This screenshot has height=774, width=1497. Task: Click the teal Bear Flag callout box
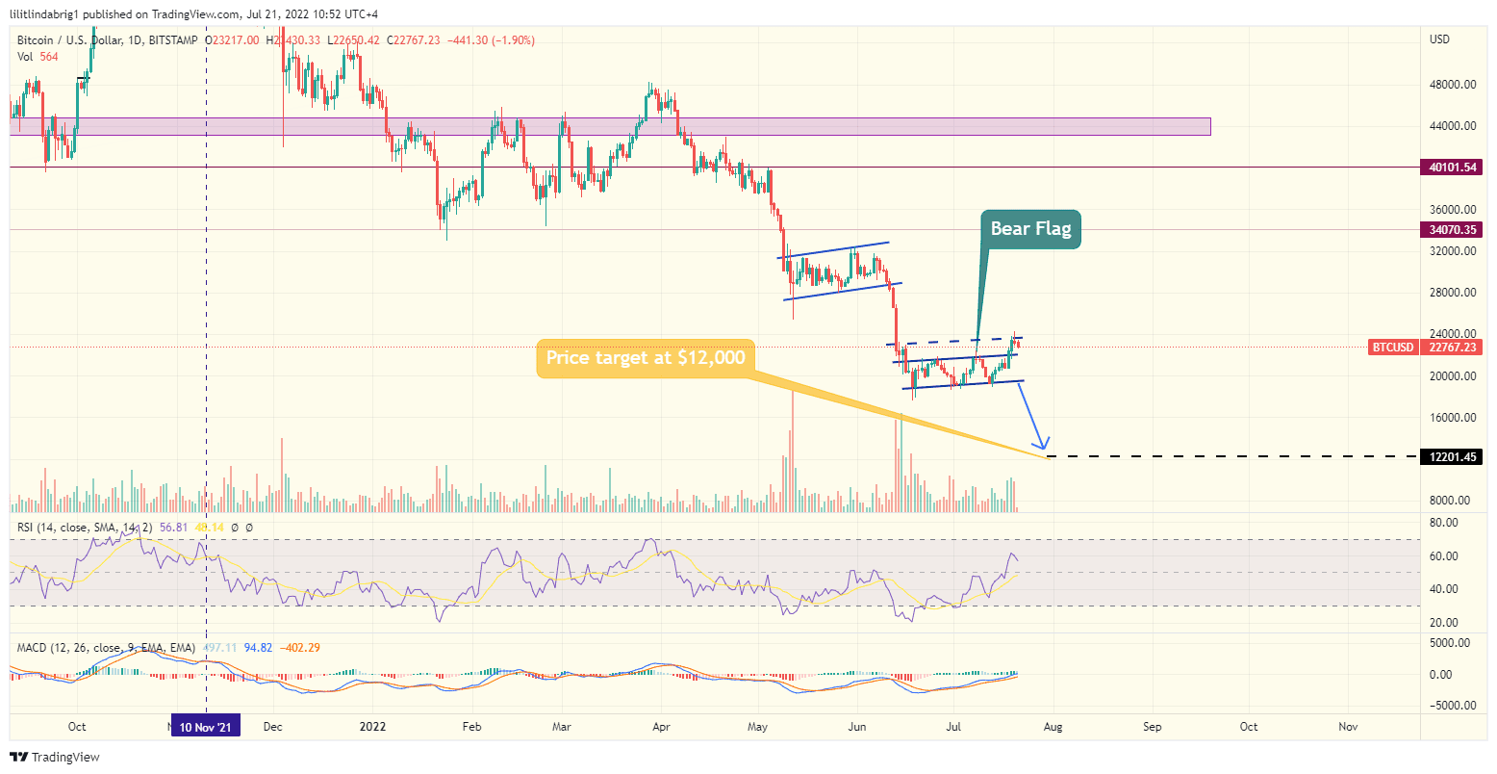click(1030, 229)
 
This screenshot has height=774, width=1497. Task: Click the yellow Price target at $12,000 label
click(645, 357)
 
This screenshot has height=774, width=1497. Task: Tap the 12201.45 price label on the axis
click(1453, 456)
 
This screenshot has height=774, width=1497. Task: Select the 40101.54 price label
click(1453, 168)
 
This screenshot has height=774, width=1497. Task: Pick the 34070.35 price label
click(1453, 230)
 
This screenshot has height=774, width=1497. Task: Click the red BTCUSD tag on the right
click(1392, 347)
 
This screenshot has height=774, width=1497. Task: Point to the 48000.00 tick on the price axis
click(1453, 85)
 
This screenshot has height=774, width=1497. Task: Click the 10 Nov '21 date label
click(205, 727)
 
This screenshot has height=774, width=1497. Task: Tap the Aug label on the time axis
click(1053, 727)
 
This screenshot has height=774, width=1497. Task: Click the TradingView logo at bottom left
click(55, 758)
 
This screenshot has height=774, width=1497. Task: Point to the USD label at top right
click(1440, 39)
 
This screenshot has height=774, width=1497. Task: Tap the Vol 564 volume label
click(38, 57)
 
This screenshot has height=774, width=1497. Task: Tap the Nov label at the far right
click(1348, 727)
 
